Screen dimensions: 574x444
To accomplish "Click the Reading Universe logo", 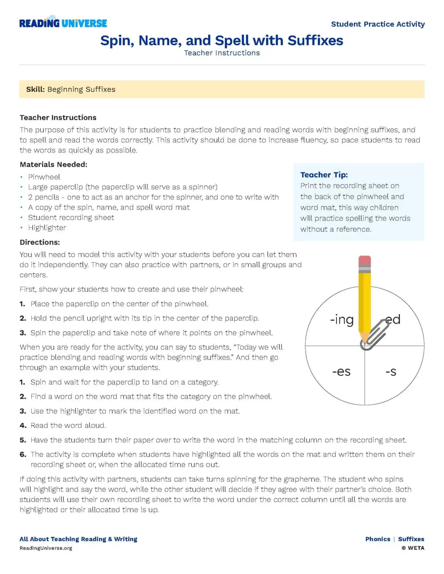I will (x=63, y=23).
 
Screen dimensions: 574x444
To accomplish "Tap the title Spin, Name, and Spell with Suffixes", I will (x=222, y=40).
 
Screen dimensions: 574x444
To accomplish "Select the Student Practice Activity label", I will (x=378, y=24).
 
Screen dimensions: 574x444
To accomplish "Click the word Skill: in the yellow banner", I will (x=35, y=89).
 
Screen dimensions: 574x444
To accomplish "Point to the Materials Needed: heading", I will (x=53, y=165).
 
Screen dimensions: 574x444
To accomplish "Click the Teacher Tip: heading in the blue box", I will (x=324, y=175).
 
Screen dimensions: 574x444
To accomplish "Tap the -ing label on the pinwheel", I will (x=342, y=320).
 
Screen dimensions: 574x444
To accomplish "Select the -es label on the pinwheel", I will (x=341, y=372).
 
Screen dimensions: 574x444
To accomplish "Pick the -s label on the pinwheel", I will (x=391, y=372).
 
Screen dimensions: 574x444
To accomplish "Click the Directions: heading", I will (x=40, y=242).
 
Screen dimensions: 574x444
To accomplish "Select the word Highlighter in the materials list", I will (x=47, y=228).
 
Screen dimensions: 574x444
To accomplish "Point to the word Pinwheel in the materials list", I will (x=44, y=177).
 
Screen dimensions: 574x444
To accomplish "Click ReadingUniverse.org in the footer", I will (x=46, y=548).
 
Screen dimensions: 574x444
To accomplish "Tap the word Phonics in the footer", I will (x=378, y=539).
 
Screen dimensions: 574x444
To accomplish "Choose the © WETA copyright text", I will (x=413, y=548).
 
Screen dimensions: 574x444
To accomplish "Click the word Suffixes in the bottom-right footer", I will (x=411, y=539).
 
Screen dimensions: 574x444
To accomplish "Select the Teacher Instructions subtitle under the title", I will (x=222, y=53).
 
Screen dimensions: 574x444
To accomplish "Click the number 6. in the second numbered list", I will (x=23, y=454).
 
